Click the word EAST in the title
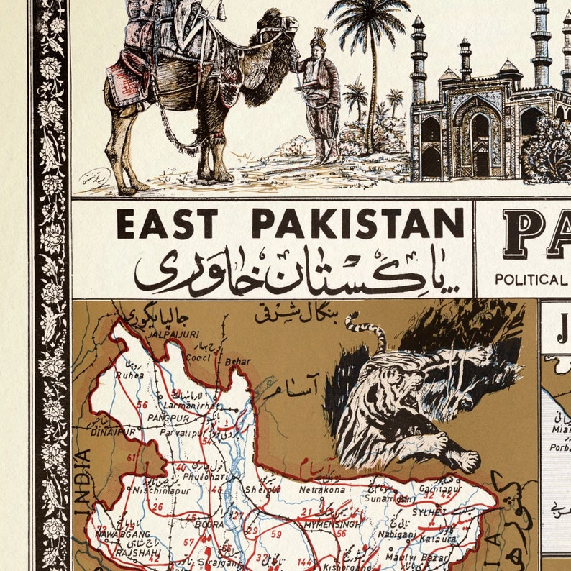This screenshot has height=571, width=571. point(167,223)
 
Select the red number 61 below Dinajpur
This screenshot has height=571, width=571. point(131,457)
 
